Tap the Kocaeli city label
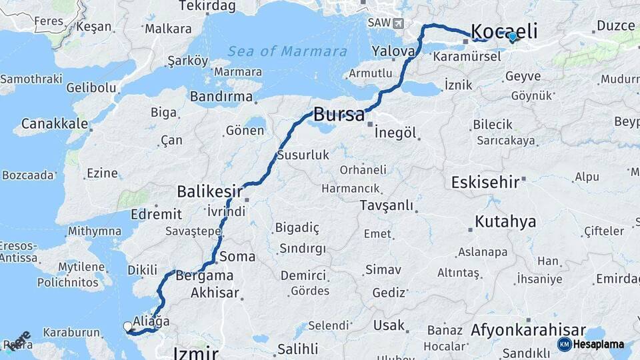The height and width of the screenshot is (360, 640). click(x=504, y=31)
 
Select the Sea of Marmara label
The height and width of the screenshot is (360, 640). click(x=287, y=51)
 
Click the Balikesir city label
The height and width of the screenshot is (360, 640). click(x=209, y=192)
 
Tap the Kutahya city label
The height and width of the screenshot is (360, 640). click(x=505, y=221)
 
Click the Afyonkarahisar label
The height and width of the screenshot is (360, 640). click(x=528, y=330)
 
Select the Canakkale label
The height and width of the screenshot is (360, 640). click(x=55, y=124)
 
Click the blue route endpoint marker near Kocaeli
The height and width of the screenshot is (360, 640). click(x=512, y=37)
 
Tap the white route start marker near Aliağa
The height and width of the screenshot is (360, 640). click(x=127, y=327)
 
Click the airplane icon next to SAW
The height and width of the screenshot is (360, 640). click(x=399, y=23)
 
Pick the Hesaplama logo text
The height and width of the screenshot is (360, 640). click(x=599, y=345)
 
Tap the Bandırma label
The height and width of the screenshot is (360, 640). click(x=221, y=97)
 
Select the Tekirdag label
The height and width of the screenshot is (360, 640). click(x=208, y=6)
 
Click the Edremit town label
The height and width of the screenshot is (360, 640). click(x=157, y=214)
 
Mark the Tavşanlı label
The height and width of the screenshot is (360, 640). click(x=387, y=205)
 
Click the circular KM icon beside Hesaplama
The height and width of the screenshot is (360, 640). click(x=564, y=345)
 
